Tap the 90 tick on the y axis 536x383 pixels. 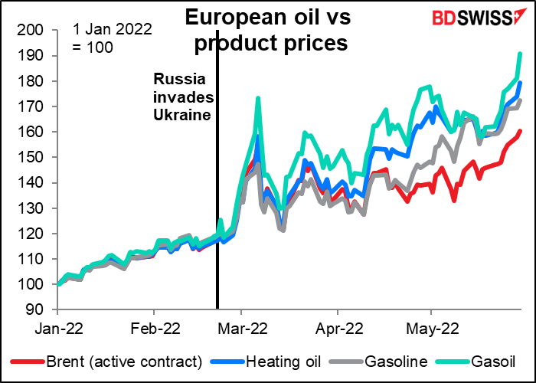point(39,310)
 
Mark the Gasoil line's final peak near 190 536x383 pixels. point(521,54)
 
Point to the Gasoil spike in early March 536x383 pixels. point(258,98)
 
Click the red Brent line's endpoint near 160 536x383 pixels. point(521,131)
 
